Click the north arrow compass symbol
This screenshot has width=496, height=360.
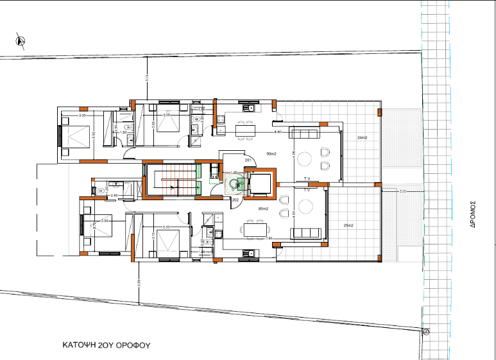pyautogui.click(x=21, y=40)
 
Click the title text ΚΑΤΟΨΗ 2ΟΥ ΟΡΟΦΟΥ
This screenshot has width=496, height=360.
pyautogui.click(x=106, y=345)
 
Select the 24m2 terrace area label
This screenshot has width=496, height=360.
pyautogui.click(x=362, y=138)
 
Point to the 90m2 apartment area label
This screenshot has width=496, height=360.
pyautogui.click(x=271, y=154)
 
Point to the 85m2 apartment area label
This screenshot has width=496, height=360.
pyautogui.click(x=262, y=209)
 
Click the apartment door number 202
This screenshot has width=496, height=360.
pyautogui.click(x=235, y=200)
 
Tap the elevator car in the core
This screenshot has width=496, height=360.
pyautogui.click(x=260, y=183)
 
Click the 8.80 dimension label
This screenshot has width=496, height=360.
pyautogui.click(x=278, y=132)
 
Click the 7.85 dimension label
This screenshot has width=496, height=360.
pyautogui.click(x=269, y=239)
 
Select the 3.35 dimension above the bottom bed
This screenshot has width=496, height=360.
pyautogui.click(x=167, y=227)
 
